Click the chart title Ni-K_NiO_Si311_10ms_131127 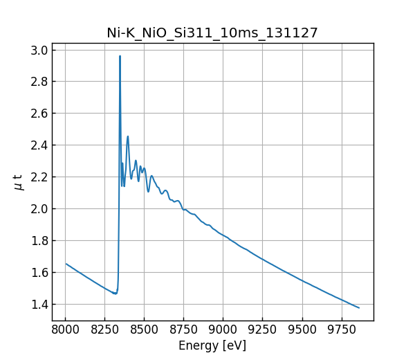tap(212, 33)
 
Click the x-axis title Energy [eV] tap(212, 345)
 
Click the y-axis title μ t tap(19, 182)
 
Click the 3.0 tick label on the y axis tap(39, 50)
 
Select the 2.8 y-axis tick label tap(39, 82)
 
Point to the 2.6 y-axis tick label tap(39, 114)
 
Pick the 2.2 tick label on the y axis tap(39, 177)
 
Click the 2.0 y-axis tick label tap(39, 209)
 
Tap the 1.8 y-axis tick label tap(39, 241)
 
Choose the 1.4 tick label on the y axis tap(39, 305)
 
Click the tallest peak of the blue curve tap(120, 57)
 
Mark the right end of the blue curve tap(358, 307)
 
